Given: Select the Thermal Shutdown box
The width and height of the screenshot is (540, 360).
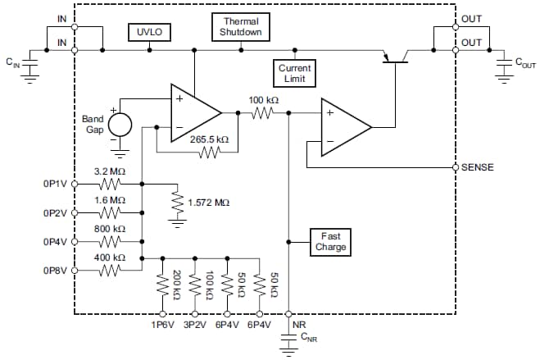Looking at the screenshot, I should pyautogui.click(x=240, y=26).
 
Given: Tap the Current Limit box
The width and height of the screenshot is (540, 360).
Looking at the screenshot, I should pyautogui.click(x=293, y=73).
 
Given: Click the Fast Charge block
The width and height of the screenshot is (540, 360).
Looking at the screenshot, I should pyautogui.click(x=331, y=241).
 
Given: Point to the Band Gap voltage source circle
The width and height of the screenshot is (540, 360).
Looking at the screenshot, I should pyautogui.click(x=120, y=125).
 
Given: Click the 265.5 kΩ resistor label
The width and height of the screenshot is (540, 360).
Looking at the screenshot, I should pyautogui.click(x=209, y=139).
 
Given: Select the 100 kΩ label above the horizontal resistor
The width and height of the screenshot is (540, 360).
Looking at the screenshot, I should pyautogui.click(x=264, y=99).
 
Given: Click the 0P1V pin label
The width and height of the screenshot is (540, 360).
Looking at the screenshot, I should pyautogui.click(x=54, y=185).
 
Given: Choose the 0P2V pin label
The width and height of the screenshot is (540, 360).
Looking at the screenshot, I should pyautogui.click(x=54, y=213).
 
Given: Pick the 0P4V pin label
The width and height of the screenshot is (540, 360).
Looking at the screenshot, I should pyautogui.click(x=54, y=242).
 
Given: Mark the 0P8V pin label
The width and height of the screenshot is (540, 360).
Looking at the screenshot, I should pyautogui.click(x=54, y=271).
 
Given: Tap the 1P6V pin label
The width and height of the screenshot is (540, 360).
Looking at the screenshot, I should pyautogui.click(x=163, y=326).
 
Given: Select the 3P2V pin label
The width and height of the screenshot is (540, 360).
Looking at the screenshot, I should pyautogui.click(x=195, y=326).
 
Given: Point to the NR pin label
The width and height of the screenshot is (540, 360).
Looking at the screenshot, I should pyautogui.click(x=298, y=325).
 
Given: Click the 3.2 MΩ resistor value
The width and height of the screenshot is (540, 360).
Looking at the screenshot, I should pyautogui.click(x=110, y=171).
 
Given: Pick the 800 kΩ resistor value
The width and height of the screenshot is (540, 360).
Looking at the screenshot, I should pyautogui.click(x=110, y=229).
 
